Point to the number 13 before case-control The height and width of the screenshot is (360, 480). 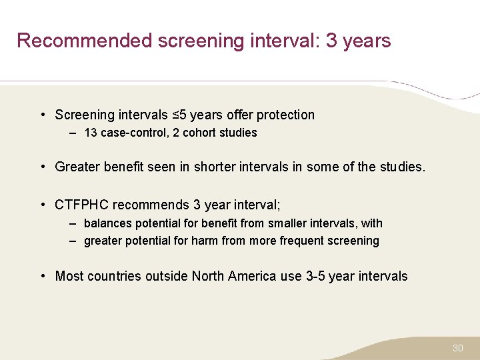[91, 133]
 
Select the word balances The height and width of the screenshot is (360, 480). [107, 223]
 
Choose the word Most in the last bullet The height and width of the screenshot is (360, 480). [69, 276]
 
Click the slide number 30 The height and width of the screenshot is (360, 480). [457, 348]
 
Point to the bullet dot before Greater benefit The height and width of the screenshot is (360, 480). [43, 167]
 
